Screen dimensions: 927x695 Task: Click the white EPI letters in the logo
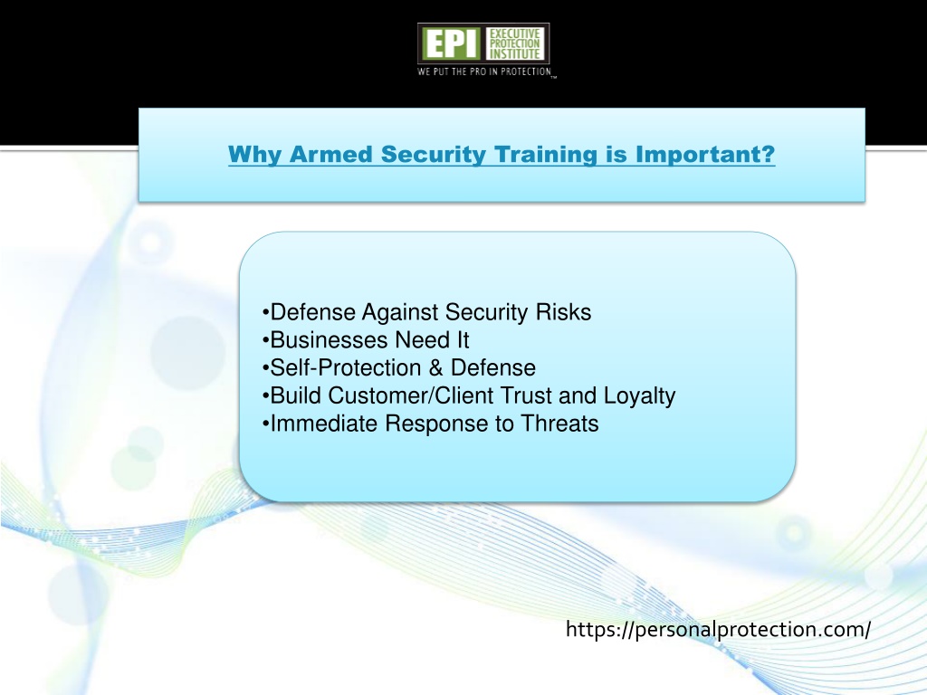[x=452, y=43]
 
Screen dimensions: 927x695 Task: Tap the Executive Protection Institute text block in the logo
[x=515, y=43]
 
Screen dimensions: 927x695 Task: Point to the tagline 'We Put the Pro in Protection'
[x=484, y=71]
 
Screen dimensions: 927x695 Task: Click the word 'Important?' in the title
[x=704, y=155]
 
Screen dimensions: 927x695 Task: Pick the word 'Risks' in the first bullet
[x=563, y=312]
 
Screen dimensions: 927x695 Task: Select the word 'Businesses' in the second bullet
[x=330, y=340]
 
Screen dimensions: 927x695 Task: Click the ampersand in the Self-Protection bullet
[x=435, y=367]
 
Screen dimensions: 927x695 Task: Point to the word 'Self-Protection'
[x=346, y=367]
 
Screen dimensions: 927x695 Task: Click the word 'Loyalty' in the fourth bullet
[x=639, y=396]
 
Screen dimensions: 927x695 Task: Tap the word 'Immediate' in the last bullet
[x=324, y=424]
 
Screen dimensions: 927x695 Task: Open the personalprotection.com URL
[x=718, y=630]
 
